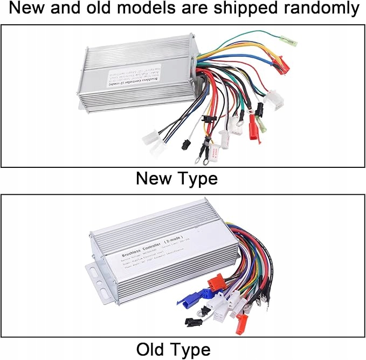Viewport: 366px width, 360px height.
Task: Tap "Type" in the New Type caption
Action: (x=197, y=178)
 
